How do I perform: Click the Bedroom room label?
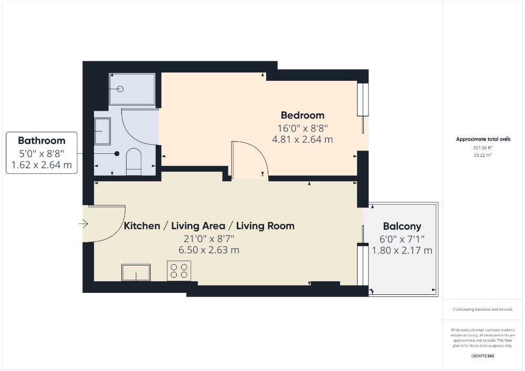(302, 115)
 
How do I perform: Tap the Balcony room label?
(402, 227)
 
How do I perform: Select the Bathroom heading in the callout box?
(41, 141)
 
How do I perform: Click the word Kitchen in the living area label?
(142, 226)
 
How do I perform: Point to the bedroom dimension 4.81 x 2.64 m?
(302, 139)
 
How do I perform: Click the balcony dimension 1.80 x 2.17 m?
(402, 250)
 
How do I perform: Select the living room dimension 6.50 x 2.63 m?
(209, 250)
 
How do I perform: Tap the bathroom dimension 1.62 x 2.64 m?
(41, 165)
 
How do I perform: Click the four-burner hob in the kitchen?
(179, 271)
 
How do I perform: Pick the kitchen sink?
(136, 272)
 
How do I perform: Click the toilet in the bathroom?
(133, 162)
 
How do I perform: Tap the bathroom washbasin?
(102, 131)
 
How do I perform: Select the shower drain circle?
(120, 89)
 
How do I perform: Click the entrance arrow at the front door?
(83, 224)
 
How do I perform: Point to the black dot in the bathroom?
(117, 154)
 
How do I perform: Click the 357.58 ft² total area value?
(482, 147)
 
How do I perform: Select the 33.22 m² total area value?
(482, 155)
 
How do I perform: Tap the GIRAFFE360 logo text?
(482, 356)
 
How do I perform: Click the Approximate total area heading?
(483, 139)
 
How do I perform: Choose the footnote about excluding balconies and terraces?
(482, 310)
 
